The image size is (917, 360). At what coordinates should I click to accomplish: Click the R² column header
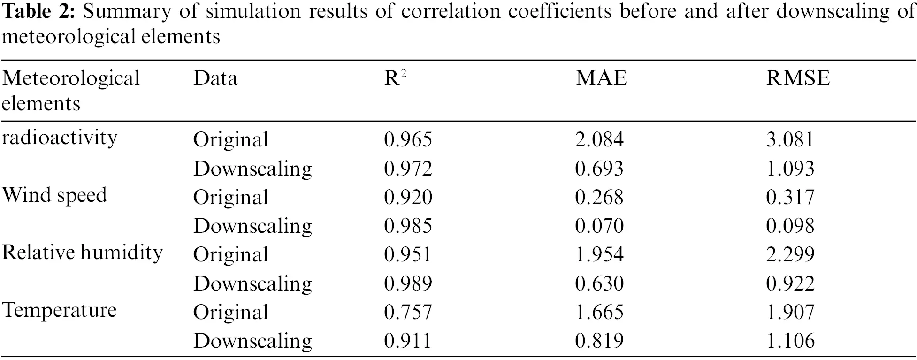pyautogui.click(x=395, y=78)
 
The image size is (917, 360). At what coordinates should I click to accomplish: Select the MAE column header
pyautogui.click(x=601, y=78)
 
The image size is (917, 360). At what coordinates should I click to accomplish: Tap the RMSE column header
pyautogui.click(x=798, y=78)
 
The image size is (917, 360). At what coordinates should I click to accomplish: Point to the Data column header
pyautogui.click(x=215, y=78)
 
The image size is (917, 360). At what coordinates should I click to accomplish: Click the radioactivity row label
pyautogui.click(x=59, y=138)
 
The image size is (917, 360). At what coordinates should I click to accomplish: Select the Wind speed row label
pyautogui.click(x=55, y=195)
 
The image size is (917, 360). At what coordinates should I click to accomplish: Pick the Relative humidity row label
pyautogui.click(x=82, y=253)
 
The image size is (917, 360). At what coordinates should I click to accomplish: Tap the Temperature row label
pyautogui.click(x=59, y=310)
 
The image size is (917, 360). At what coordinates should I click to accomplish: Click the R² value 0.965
pyautogui.click(x=408, y=139)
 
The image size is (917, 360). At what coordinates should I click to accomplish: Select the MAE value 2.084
pyautogui.click(x=599, y=139)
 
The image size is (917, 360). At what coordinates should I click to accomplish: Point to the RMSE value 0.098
pyautogui.click(x=790, y=226)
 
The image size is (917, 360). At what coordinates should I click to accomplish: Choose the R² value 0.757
pyautogui.click(x=408, y=312)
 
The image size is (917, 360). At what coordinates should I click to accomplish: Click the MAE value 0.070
pyautogui.click(x=599, y=226)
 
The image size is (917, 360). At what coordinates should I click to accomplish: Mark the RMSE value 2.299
pyautogui.click(x=790, y=255)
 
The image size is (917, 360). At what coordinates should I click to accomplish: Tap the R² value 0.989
pyautogui.click(x=408, y=283)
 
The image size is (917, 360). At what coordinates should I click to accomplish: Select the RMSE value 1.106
pyautogui.click(x=790, y=341)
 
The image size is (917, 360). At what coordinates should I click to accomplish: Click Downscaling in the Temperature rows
pyautogui.click(x=252, y=341)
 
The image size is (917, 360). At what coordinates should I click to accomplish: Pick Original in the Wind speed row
pyautogui.click(x=230, y=197)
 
